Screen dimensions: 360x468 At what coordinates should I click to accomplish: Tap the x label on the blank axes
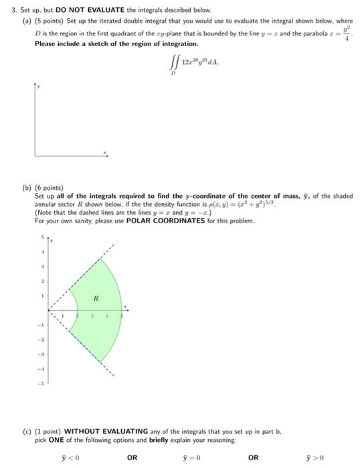coord(105,152)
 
